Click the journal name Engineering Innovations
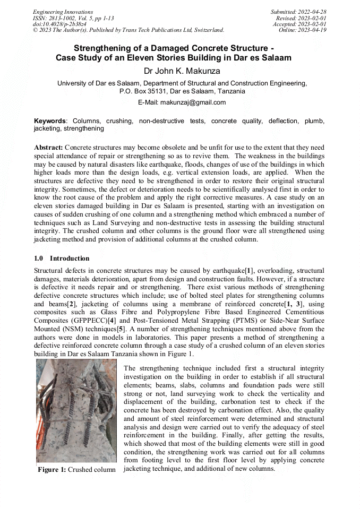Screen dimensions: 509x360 [x=63, y=12]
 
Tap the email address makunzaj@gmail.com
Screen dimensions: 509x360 [x=196, y=102]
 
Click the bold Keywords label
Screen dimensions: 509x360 [x=51, y=121]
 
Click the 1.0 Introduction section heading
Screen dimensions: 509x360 [x=62, y=258]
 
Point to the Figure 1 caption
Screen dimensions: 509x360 [x=76, y=470]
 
